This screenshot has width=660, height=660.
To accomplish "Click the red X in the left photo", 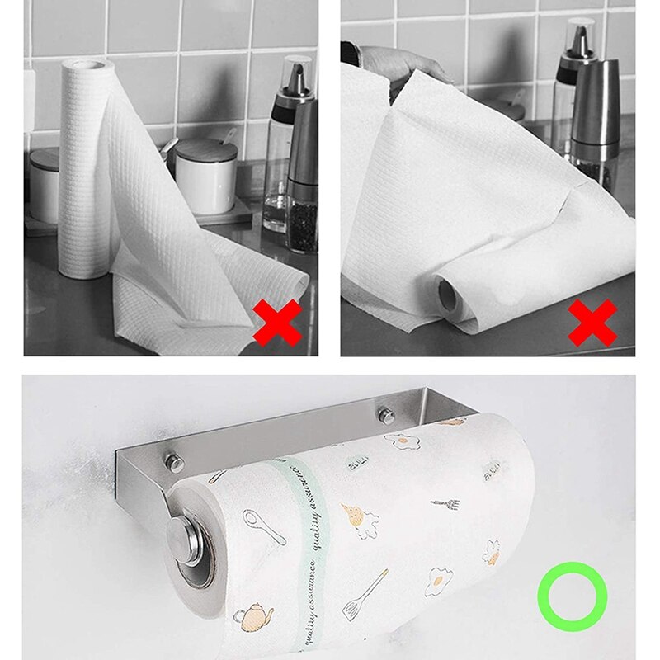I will click(x=277, y=323).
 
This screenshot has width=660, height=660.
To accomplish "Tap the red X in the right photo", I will click(x=592, y=323).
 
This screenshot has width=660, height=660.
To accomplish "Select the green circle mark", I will click(x=572, y=596).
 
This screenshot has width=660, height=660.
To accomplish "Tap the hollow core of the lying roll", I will click(x=450, y=293).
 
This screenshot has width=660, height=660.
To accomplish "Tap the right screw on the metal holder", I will click(x=386, y=412).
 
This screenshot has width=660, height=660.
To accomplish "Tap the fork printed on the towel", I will click(x=445, y=502).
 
